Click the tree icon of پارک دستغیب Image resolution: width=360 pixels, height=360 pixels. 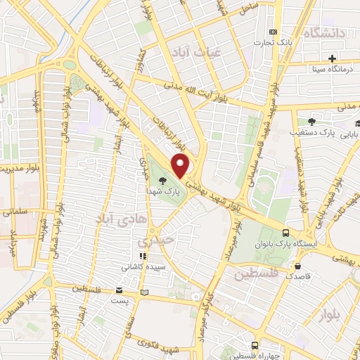coord(311,121)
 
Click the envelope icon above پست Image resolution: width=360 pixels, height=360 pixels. coord(119,290)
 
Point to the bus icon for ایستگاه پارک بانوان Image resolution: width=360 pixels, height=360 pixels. coord(285,233)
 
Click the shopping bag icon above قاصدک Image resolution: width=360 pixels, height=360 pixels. coord(299,267)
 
